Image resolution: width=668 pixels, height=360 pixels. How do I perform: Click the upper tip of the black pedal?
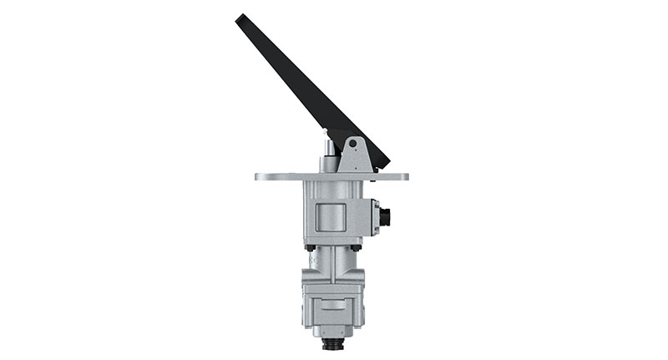click(240, 18)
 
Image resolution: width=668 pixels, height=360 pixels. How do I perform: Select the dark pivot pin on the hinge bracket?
click(353, 145)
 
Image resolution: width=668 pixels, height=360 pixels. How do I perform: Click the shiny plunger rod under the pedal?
click(330, 149)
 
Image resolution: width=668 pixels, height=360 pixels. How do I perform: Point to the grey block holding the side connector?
click(373, 214)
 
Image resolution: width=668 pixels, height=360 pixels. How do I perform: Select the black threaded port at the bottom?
click(331, 343)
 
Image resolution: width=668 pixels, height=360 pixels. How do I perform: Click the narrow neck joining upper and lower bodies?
click(331, 263)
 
